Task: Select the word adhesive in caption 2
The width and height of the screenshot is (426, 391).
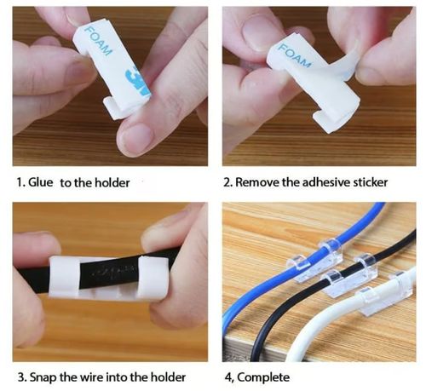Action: click(314, 182)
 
